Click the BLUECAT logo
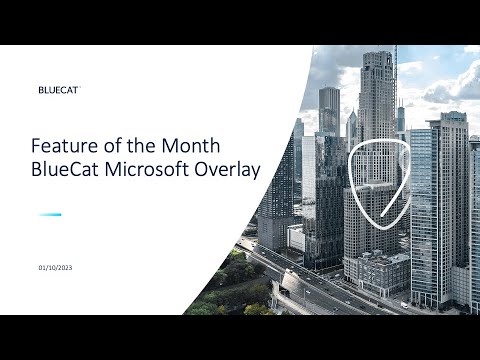click(x=58, y=89)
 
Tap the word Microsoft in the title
click(x=147, y=170)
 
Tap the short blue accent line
click(x=50, y=215)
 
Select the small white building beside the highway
click(x=296, y=238)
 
